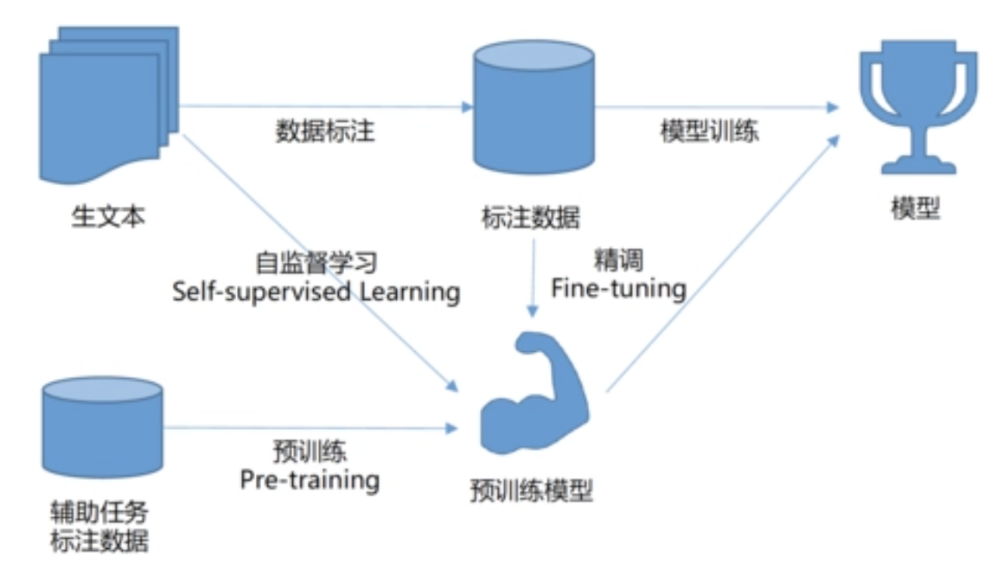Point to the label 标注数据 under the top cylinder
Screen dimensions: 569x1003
coord(530,217)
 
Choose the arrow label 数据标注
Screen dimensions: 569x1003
coord(325,131)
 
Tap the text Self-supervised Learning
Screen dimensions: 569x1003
coord(316,291)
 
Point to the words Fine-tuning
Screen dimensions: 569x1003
coord(619,287)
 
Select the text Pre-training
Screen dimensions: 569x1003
coord(310,478)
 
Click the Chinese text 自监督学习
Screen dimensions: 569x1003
coord(316,263)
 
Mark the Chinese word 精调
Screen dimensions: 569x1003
coord(619,259)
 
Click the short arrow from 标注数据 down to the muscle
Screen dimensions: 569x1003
coord(533,277)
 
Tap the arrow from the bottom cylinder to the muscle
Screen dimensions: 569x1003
coord(311,427)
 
